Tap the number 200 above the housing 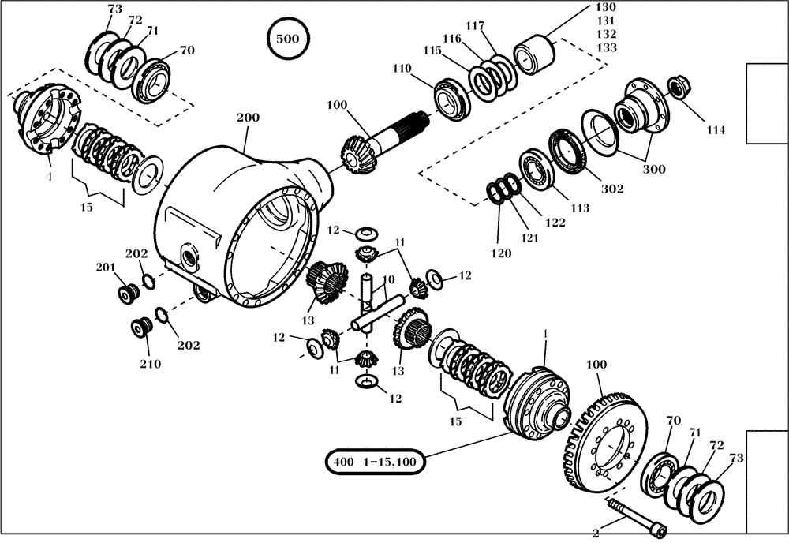tap(248, 118)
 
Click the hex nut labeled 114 tap(678, 85)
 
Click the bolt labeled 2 tap(636, 519)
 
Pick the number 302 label tap(612, 189)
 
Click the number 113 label tap(579, 208)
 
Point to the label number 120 tap(499, 253)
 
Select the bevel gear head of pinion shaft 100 tap(355, 152)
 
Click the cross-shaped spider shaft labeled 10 tap(373, 303)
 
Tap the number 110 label tap(401, 69)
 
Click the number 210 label tap(150, 364)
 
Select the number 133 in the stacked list tap(606, 48)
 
